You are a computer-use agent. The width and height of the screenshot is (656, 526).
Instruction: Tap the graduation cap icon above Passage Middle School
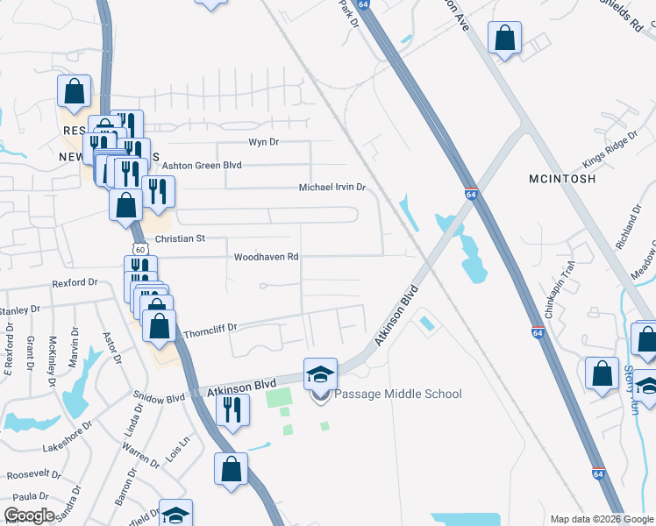pyautogui.click(x=320, y=374)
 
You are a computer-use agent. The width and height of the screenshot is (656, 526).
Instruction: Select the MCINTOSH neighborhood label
pyautogui.click(x=562, y=178)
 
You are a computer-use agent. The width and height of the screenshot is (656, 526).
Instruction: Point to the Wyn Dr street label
pyautogui.click(x=263, y=142)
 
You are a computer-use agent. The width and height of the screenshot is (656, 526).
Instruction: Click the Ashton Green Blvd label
pyautogui.click(x=201, y=165)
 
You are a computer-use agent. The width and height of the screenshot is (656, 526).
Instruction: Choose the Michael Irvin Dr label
pyautogui.click(x=332, y=188)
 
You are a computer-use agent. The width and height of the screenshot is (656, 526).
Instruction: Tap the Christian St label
pyautogui.click(x=180, y=238)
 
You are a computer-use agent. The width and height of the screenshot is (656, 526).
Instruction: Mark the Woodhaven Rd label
pyautogui.click(x=267, y=258)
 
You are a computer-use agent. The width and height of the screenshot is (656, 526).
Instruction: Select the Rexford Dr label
pyautogui.click(x=75, y=282)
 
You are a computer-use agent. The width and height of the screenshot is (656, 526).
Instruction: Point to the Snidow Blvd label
pyautogui.click(x=158, y=397)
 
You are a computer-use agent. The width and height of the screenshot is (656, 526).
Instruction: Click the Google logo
pyautogui.click(x=29, y=515)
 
